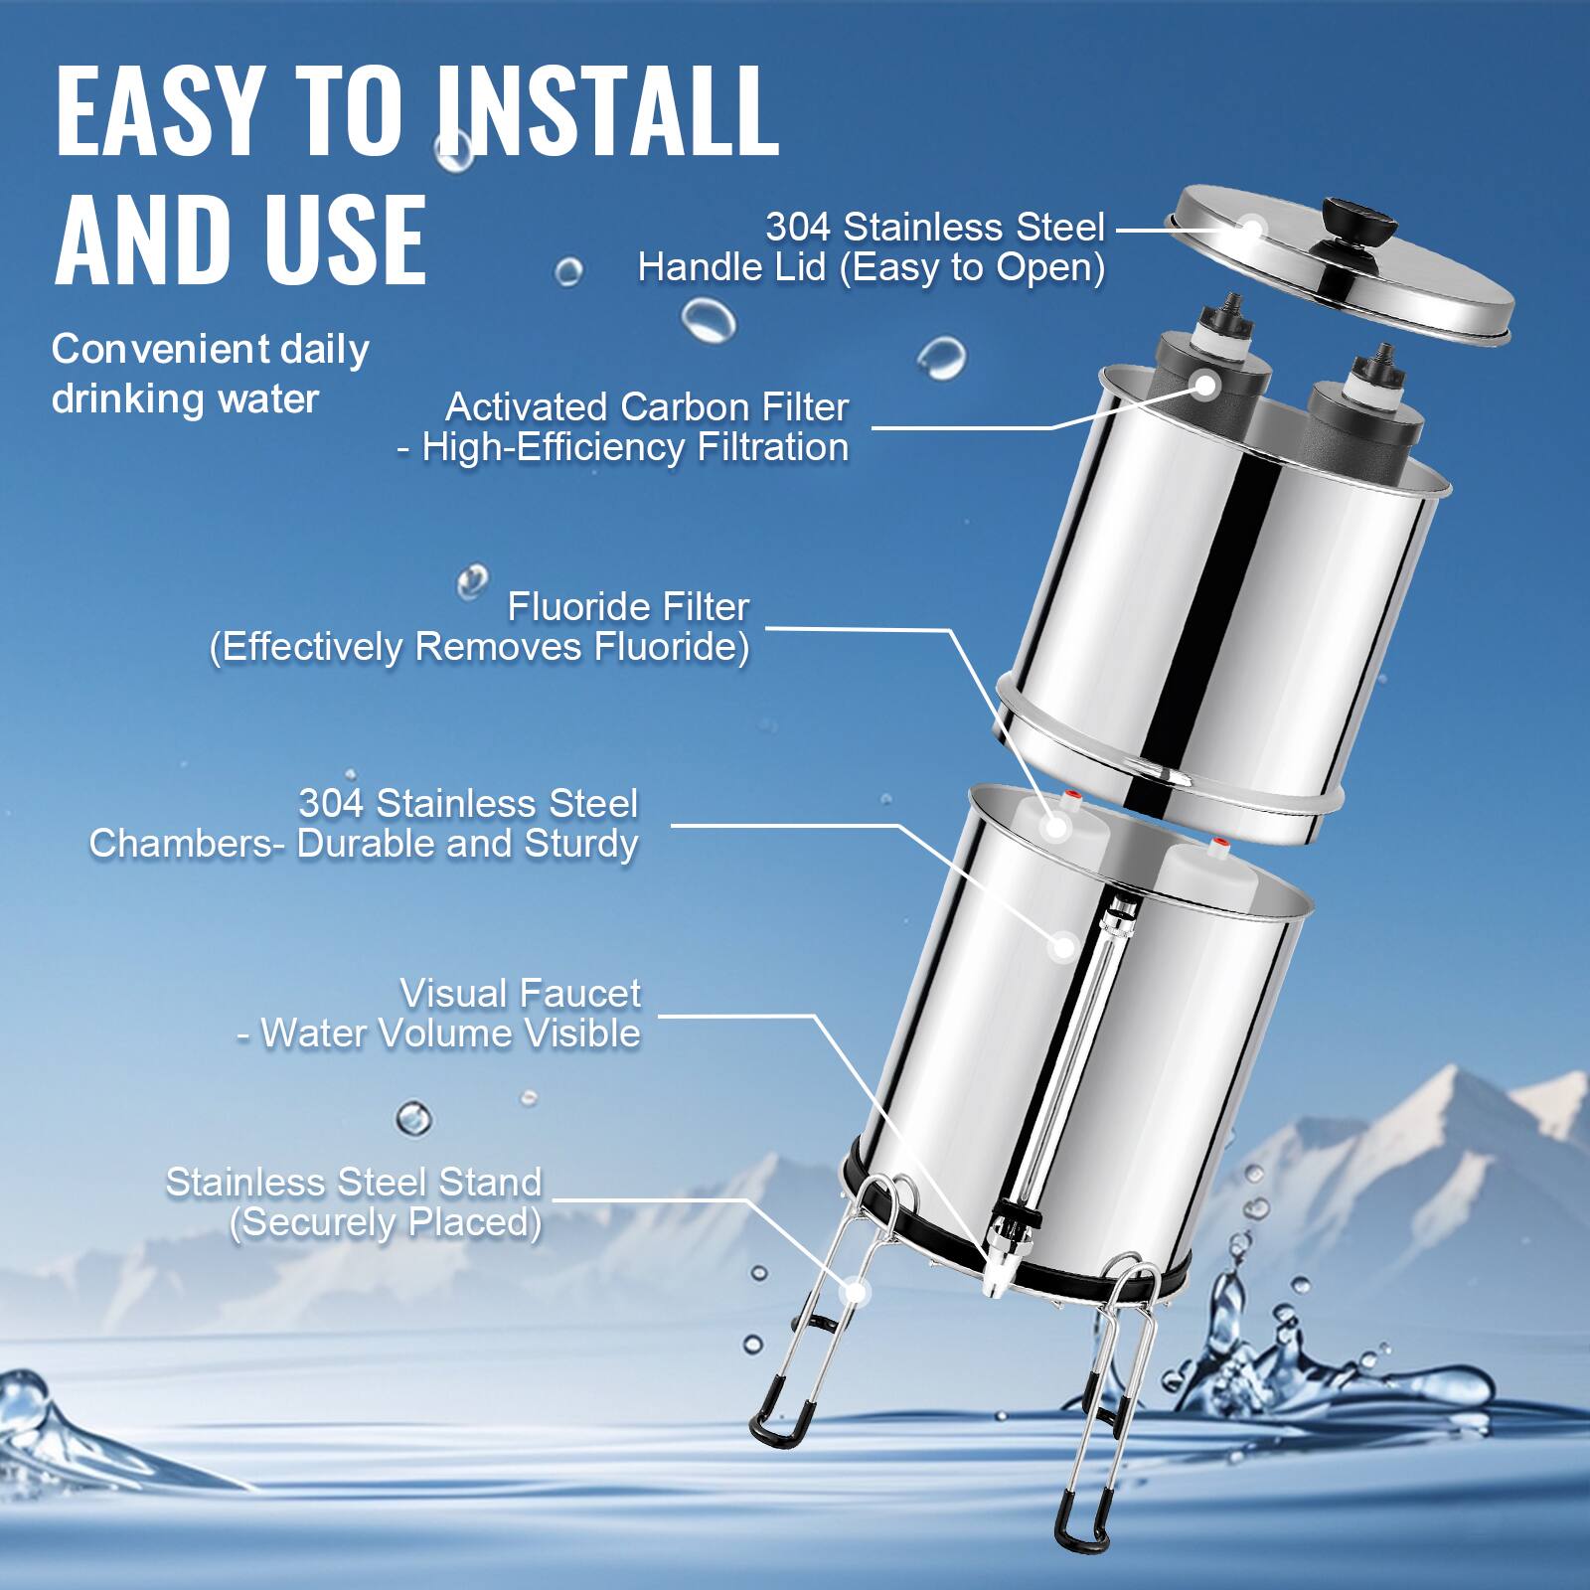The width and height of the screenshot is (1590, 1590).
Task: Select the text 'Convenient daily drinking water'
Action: click(x=210, y=374)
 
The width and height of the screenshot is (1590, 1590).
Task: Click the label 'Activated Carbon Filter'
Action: click(x=647, y=407)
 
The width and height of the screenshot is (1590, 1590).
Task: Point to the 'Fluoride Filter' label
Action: click(x=628, y=606)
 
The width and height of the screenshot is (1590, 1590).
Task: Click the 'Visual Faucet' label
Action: click(x=520, y=993)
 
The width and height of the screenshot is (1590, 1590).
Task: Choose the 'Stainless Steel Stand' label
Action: click(x=354, y=1182)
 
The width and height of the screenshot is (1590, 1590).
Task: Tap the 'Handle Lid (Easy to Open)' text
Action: click(x=872, y=267)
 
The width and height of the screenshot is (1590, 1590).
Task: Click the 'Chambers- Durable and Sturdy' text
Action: click(x=364, y=844)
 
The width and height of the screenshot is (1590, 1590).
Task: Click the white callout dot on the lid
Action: click(x=1252, y=230)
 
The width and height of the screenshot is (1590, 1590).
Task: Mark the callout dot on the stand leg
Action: click(x=854, y=1292)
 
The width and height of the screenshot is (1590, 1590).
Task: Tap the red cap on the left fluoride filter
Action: click(x=1071, y=795)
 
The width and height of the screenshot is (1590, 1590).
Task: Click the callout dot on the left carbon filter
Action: click(x=1206, y=386)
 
